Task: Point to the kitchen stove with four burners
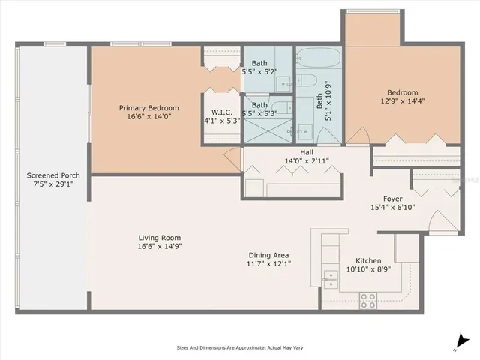pyautogui.click(x=368, y=300)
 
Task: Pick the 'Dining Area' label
pyautogui.click(x=269, y=254)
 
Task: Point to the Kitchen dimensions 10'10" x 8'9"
pyautogui.click(x=368, y=268)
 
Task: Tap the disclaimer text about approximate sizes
pyautogui.click(x=239, y=347)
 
